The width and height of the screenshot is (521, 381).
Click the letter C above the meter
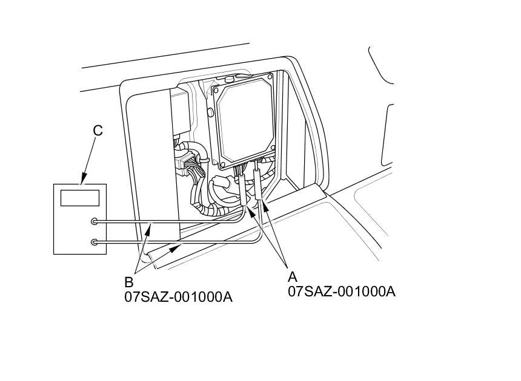click(98, 131)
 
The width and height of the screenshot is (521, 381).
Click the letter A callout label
click(293, 276)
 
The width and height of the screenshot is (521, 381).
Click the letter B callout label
click(129, 282)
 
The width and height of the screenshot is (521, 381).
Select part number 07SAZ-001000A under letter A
click(342, 291)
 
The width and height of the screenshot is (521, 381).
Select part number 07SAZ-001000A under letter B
click(179, 297)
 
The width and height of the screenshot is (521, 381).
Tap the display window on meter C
click(80, 198)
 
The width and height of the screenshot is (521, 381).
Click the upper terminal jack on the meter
click(95, 221)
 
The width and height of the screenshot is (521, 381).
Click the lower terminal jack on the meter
click(95, 243)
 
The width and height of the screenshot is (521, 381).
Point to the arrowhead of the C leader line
click(84, 180)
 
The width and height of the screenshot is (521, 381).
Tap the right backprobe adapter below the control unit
click(258, 184)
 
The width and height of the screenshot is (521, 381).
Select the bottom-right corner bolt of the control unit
click(273, 147)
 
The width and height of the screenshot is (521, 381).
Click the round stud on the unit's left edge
click(210, 112)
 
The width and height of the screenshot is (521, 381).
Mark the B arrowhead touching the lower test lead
click(176, 247)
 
